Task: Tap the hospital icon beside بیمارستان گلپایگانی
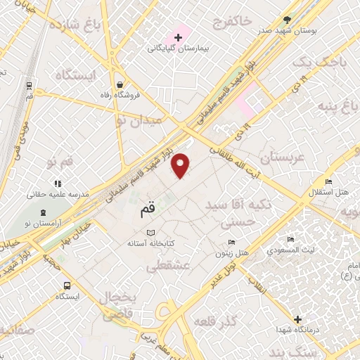(x=178, y=37)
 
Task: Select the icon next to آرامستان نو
(x=44, y=212)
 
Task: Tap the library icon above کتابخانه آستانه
(x=148, y=232)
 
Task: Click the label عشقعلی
(x=167, y=266)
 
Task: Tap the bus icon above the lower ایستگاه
(x=66, y=285)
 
